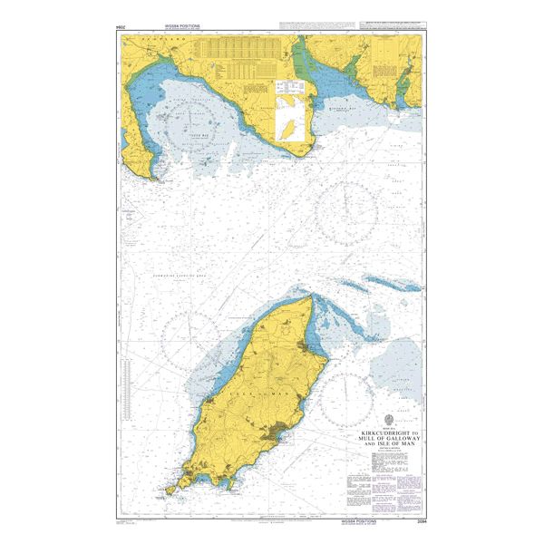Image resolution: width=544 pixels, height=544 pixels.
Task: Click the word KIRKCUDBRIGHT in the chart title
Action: (387, 433)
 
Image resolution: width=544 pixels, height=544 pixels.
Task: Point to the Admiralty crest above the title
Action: (390, 420)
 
